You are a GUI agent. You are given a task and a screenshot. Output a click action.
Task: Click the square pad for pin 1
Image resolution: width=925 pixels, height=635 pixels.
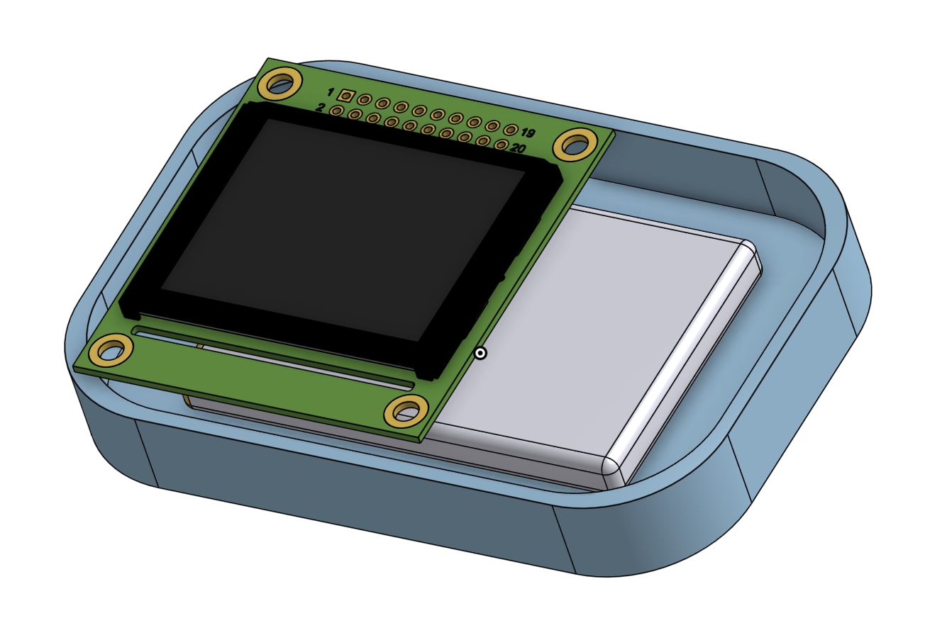point(346,96)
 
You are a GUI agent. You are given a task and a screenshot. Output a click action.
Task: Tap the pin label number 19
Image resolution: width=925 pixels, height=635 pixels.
point(527,133)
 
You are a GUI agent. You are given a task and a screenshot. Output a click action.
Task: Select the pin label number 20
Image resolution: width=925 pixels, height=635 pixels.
point(518,149)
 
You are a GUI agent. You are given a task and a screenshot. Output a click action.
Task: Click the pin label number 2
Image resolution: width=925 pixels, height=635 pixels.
point(321,108)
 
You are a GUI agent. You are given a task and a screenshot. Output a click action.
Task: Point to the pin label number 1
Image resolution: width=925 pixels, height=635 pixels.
point(330,92)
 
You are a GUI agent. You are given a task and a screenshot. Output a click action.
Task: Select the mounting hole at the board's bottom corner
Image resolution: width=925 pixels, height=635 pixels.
point(406,412)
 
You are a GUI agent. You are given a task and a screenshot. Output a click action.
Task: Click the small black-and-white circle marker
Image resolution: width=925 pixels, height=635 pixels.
point(481,353)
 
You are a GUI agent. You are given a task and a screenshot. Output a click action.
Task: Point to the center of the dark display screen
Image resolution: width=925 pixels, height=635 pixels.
point(342,227)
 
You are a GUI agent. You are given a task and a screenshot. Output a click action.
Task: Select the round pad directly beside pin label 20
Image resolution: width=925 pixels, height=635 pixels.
point(501,145)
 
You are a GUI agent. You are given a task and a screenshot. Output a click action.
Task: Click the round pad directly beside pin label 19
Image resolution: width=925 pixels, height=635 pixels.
point(510,130)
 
